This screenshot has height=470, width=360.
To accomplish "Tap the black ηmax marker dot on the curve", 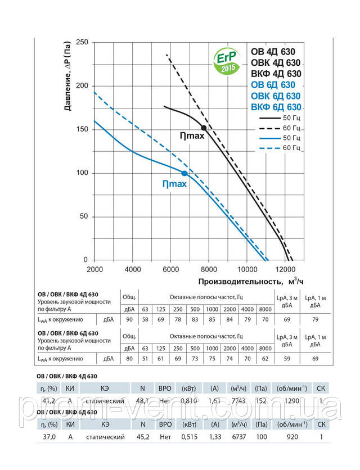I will click(x=204, y=128).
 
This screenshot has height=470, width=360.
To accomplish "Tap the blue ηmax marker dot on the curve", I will click(x=184, y=173).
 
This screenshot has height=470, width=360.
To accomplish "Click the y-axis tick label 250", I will click(x=82, y=42).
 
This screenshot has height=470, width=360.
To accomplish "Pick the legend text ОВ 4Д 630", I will click(x=273, y=52).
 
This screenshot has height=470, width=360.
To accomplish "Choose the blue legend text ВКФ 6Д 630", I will click(x=276, y=107).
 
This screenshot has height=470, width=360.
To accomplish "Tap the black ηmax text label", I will click(x=184, y=135).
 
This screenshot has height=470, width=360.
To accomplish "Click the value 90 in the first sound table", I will click(x=129, y=319).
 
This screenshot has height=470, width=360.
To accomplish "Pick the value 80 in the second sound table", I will click(x=129, y=358).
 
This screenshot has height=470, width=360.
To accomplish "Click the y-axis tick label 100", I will click(x=82, y=173).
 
